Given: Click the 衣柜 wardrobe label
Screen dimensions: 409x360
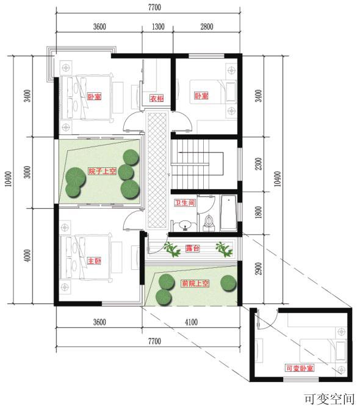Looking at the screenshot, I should click(x=156, y=99).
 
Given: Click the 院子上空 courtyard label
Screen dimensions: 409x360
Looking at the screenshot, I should click(x=102, y=172).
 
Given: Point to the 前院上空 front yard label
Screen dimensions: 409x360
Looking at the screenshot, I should click(x=195, y=283).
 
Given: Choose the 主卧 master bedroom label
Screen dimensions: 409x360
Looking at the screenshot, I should click(x=93, y=261).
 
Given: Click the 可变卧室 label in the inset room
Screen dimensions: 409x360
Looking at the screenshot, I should click(x=300, y=369).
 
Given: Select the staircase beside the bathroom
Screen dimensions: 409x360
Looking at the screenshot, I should click(x=192, y=164).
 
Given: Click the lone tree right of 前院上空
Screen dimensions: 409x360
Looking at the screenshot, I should click(x=227, y=283).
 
